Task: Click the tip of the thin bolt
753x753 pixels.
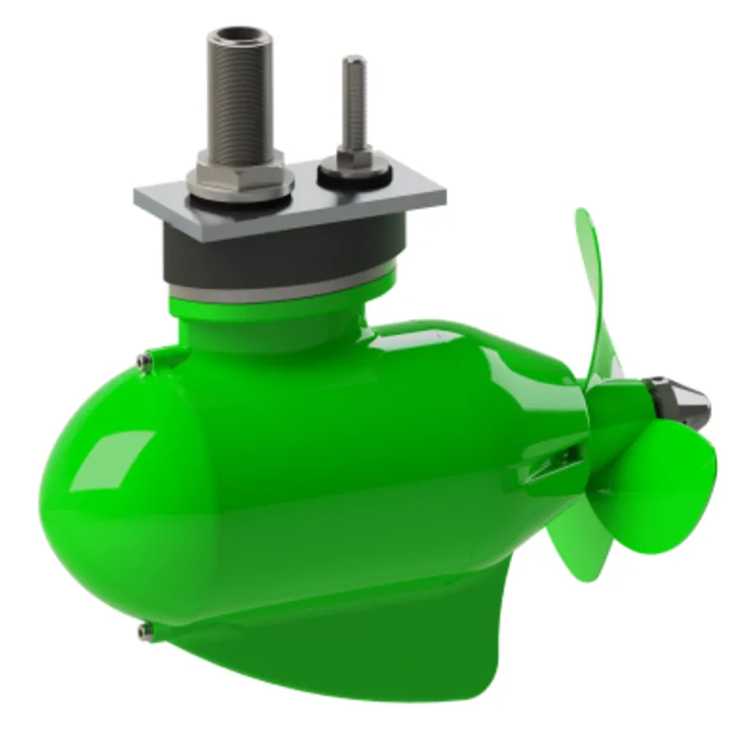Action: click(353, 62)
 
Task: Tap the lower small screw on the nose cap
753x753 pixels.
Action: click(143, 630)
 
